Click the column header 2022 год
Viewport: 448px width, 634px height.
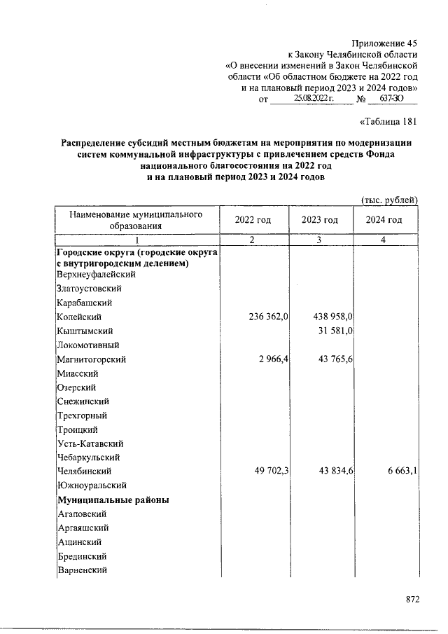pyautogui.click(x=253, y=220)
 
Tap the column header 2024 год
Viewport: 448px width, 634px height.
pyautogui.click(x=384, y=220)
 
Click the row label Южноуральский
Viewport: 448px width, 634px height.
pyautogui.click(x=92, y=485)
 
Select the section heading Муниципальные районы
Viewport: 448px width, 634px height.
pyautogui.click(x=113, y=500)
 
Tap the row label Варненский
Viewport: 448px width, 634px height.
pyautogui.click(x=81, y=571)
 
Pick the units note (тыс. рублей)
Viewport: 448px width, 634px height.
pyautogui.click(x=389, y=200)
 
